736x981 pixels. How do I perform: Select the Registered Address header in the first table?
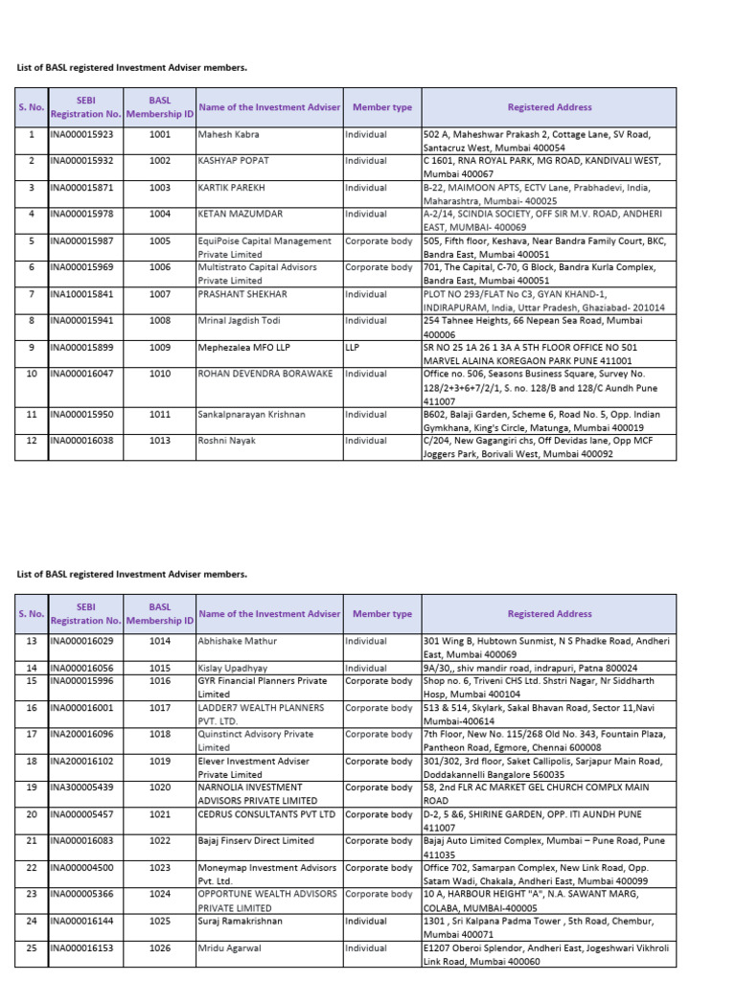tap(549, 107)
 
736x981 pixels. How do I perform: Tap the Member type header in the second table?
tap(381, 614)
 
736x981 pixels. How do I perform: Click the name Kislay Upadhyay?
tap(233, 668)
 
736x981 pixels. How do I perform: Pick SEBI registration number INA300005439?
tap(84, 787)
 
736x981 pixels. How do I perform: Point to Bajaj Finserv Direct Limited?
tap(256, 840)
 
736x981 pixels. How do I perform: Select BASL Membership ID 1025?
tap(160, 920)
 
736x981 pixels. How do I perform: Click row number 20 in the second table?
tap(31, 814)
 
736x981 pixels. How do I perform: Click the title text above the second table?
tap(132, 574)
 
